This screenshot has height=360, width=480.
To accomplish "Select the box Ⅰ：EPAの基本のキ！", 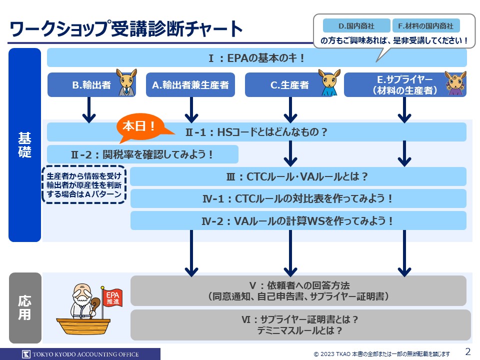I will tap(256, 58).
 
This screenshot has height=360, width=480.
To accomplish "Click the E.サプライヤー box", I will tap(404, 85).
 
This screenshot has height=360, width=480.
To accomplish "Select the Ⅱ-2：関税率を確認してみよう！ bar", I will tap(142, 154).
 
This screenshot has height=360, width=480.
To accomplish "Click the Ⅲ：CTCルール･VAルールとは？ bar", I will tap(298, 176).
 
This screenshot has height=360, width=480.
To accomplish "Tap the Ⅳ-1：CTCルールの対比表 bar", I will tap(298, 198).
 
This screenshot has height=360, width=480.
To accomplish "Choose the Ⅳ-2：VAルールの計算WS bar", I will tap(298, 220).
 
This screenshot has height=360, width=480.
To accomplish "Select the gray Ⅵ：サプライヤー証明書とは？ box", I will tap(300, 324).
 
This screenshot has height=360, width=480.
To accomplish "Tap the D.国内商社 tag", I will tap(356, 25).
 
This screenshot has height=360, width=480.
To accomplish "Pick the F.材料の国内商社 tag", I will tap(426, 25).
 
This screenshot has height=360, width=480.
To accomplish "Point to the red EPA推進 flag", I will tap(111, 298).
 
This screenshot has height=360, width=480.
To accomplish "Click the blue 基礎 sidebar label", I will tap(24, 145).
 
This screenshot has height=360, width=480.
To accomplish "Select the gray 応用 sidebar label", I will tap(24, 307).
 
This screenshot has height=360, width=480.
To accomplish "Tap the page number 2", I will tap(468, 351).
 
